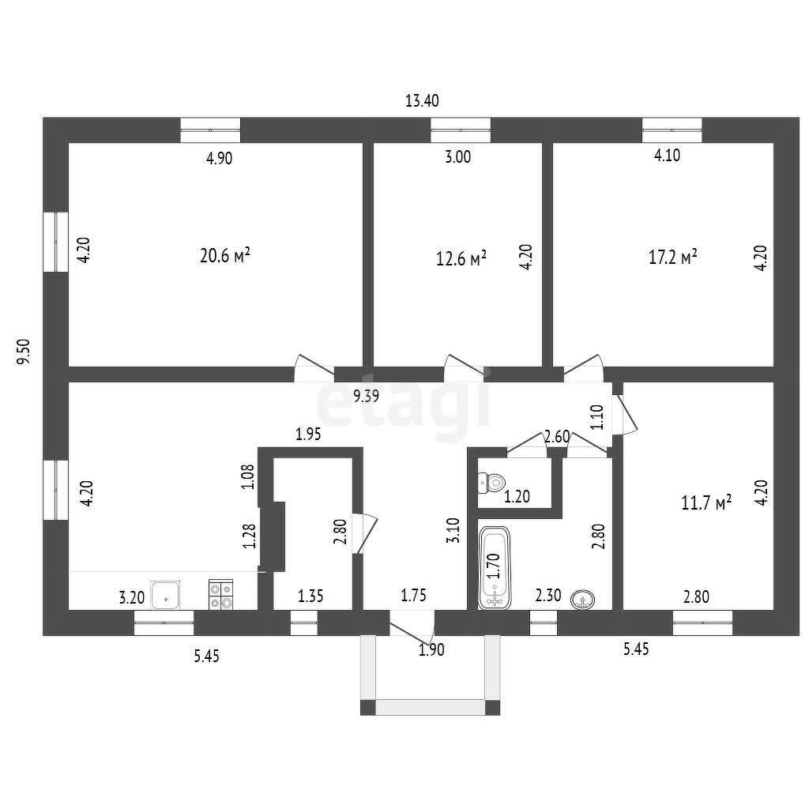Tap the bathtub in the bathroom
pyautogui.click(x=495, y=567)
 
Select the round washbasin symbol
pyautogui.click(x=582, y=600)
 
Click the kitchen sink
pyautogui.click(x=165, y=595)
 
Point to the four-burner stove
pyautogui.click(x=221, y=594)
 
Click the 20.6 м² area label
pyautogui.click(x=225, y=255)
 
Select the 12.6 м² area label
pyautogui.click(x=461, y=258)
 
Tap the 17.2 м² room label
pyautogui.click(x=673, y=257)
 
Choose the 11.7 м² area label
pyautogui.click(x=706, y=502)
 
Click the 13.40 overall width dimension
pyautogui.click(x=422, y=100)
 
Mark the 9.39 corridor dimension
pyautogui.click(x=367, y=397)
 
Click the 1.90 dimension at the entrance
pyautogui.click(x=431, y=649)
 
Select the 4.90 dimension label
pyautogui.click(x=220, y=158)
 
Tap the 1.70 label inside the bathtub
pyautogui.click(x=494, y=566)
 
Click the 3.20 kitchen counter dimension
pyautogui.click(x=132, y=598)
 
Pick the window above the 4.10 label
pyautogui.click(x=672, y=130)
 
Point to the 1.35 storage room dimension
pyautogui.click(x=310, y=596)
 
